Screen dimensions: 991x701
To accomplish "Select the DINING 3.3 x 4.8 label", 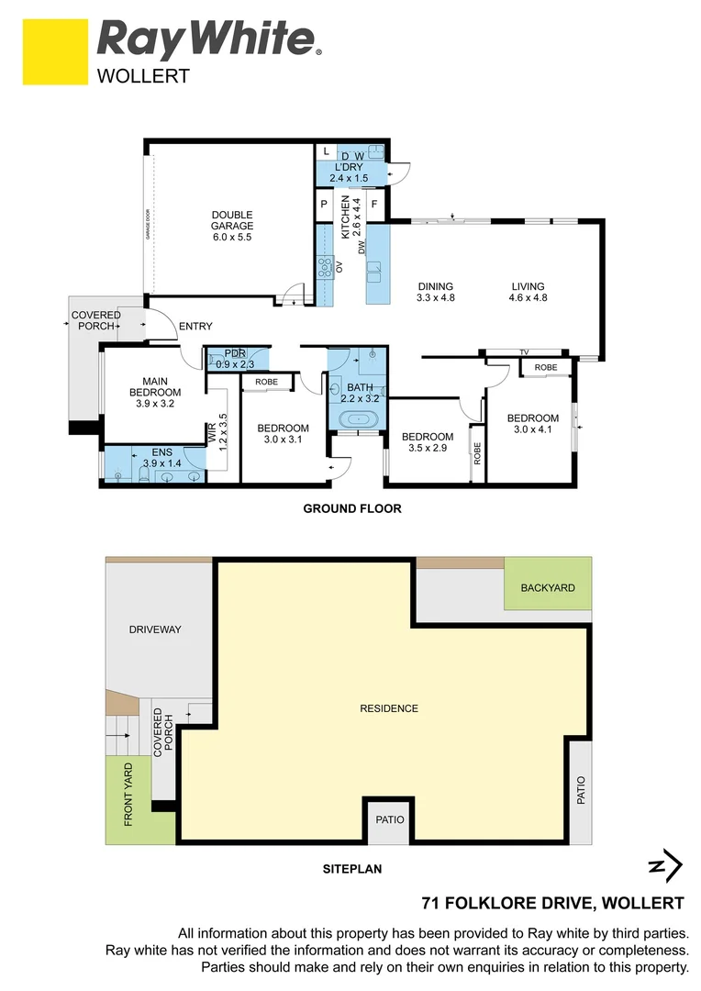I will pos(435,292).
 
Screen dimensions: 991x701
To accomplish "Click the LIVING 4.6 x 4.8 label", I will pos(528,292).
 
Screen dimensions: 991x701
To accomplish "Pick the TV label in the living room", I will pos(524,352).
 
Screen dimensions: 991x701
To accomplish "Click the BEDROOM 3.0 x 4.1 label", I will pos(532,424).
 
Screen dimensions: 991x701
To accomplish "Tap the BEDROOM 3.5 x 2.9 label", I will pos(427,442).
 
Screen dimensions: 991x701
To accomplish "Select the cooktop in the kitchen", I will pos(325,266).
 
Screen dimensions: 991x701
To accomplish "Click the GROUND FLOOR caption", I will pos(352,508).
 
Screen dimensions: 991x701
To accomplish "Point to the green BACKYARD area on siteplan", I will pos(548,588).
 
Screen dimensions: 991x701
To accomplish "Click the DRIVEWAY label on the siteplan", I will pos(155,629).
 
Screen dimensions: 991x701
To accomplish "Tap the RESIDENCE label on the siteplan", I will pos(388,708).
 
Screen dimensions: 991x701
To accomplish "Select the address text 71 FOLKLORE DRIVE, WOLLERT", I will pos(552,902).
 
